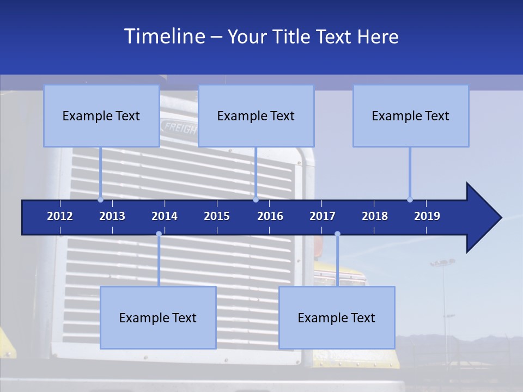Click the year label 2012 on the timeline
pos(60,216)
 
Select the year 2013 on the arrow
pos(112,216)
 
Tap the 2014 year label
pos(165,216)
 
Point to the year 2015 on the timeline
pos(217,216)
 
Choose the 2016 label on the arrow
pos(270,216)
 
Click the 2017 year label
pos(323,216)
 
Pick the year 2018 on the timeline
pos(375,216)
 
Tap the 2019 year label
pos(427,216)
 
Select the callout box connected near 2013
pos(101,115)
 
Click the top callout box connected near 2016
pos(256,115)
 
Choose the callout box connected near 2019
pos(411,115)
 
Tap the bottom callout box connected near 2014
pos(158,317)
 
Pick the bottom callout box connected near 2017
pos(337,317)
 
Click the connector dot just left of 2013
pos(101,199)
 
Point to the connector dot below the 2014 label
pos(159,234)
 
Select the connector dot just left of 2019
pos(410,199)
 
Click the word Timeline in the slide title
pos(163,36)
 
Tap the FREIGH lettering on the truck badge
pos(179,128)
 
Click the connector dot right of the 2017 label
pos(337,234)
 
